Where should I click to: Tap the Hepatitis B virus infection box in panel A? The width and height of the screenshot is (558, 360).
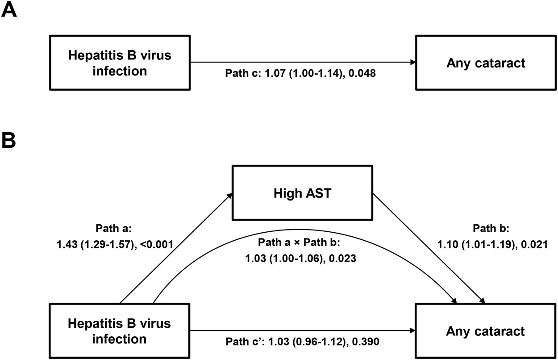pyautogui.click(x=119, y=63)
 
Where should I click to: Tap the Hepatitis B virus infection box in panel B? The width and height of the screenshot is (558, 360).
pyautogui.click(x=119, y=331)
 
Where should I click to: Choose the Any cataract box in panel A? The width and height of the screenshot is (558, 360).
pyautogui.click(x=485, y=63)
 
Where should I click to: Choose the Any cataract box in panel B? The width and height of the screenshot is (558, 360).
pyautogui.click(x=485, y=331)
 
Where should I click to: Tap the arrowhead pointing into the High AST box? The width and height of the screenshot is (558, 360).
pyautogui.click(x=230, y=194)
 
